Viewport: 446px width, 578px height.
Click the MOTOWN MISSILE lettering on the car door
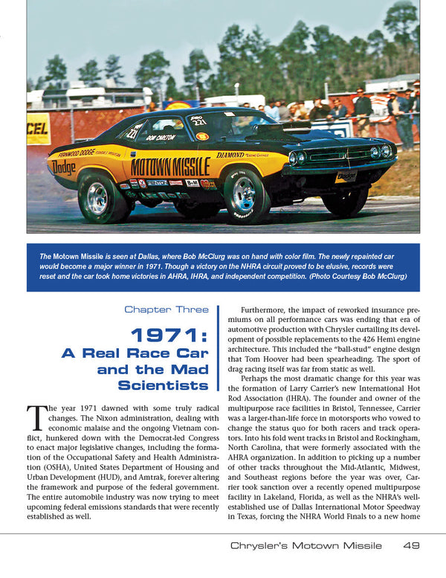pyautogui.click(x=170, y=167)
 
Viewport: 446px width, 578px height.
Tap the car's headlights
pyautogui.click(x=297, y=157)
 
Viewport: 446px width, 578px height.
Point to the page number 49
pyautogui.click(x=411, y=545)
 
